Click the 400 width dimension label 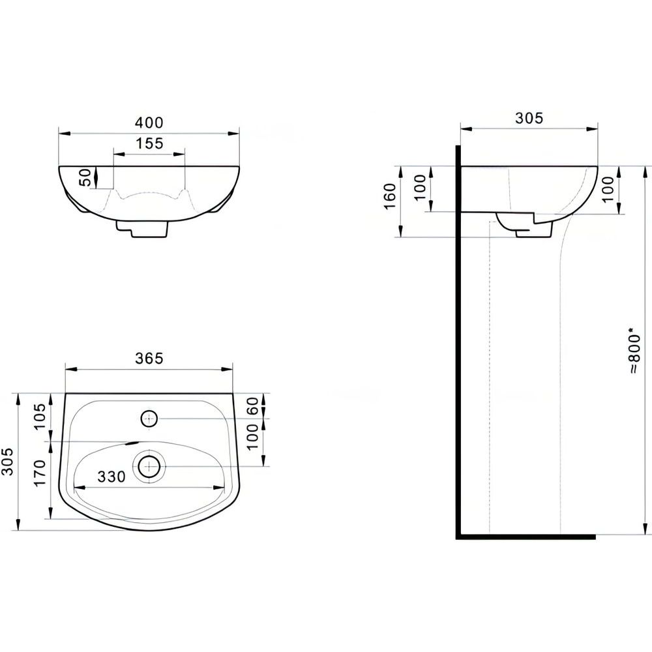[149, 123]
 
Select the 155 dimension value [150, 143]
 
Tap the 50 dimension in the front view [85, 177]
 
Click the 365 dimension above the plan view [149, 358]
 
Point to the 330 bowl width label [111, 477]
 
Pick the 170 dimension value [40, 473]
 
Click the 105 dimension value [40, 417]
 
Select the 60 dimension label [253, 406]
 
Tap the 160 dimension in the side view [391, 196]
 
